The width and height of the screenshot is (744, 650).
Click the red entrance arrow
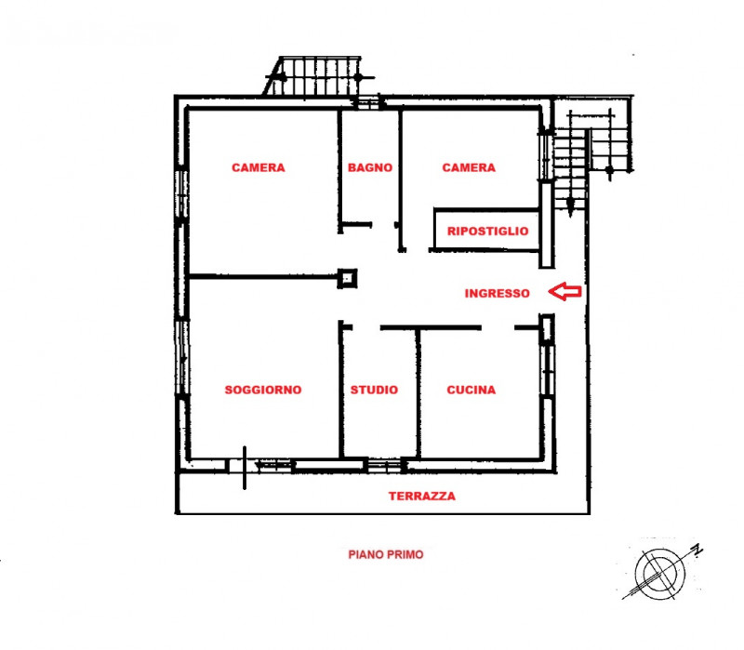tap(565, 292)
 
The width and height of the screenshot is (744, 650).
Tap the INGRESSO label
tap(497, 293)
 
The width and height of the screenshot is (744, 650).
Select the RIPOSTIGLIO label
tap(487, 231)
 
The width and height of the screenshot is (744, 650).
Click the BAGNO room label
tap(369, 168)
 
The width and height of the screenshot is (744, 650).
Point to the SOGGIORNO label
tap(263, 391)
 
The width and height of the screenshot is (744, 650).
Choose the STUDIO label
tap(374, 391)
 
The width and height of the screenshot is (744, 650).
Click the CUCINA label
tap(471, 391)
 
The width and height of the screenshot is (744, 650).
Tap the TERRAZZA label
tap(421, 497)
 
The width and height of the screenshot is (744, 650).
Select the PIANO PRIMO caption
tap(385, 554)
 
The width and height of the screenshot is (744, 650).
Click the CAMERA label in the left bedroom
tap(258, 168)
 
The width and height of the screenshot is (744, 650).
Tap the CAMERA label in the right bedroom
tap(469, 168)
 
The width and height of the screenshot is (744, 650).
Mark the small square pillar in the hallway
tap(348, 277)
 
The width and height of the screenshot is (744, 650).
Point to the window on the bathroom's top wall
tap(366, 103)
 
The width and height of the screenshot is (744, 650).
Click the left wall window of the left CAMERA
tap(181, 196)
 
